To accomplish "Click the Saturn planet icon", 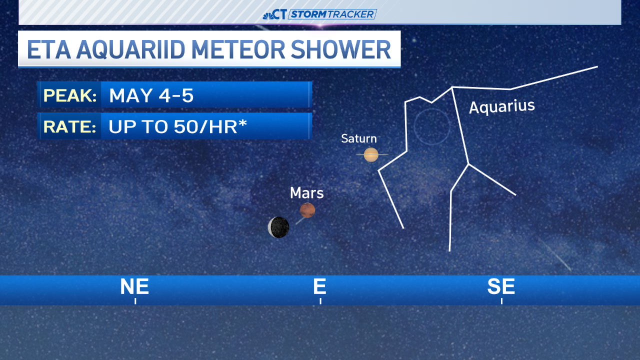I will [371, 154].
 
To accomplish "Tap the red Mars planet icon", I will [307, 210].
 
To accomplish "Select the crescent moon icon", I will [278, 227].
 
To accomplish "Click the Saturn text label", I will [359, 138].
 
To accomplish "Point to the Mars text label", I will [306, 193].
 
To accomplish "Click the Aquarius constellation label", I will [502, 106].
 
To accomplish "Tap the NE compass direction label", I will [134, 286].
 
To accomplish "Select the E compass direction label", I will [319, 286].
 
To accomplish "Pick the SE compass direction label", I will [501, 286].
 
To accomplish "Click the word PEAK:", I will [70, 95].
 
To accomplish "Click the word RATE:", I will [70, 126].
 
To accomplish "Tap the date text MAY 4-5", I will [151, 95].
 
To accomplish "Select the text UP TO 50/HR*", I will [178, 126].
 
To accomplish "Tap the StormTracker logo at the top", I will [320, 14].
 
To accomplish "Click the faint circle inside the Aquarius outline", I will [432, 127].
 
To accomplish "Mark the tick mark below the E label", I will [320, 301].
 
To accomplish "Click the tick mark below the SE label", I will [501, 301].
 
